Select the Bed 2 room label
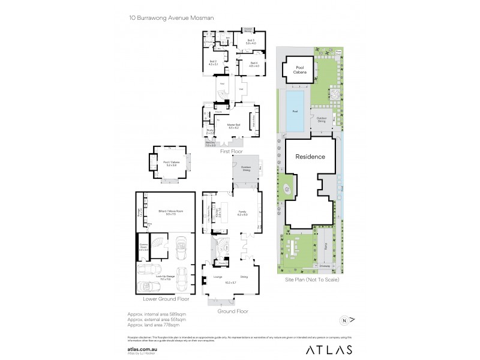click(x=212, y=62)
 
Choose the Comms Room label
click(x=143, y=246)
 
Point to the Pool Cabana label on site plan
click(x=300, y=70)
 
